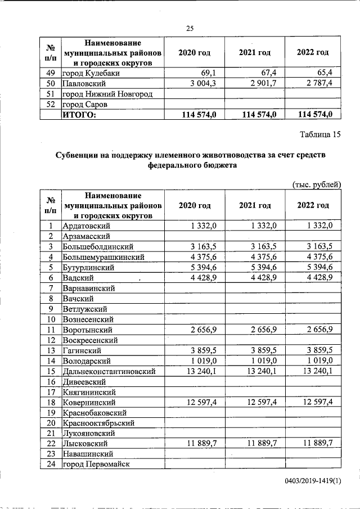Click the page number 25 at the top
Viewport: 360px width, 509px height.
(190, 29)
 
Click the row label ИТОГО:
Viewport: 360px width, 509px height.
(79, 115)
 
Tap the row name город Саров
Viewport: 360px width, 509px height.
(84, 104)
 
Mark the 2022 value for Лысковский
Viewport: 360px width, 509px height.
(317, 444)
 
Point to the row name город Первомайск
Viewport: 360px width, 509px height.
(96, 465)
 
